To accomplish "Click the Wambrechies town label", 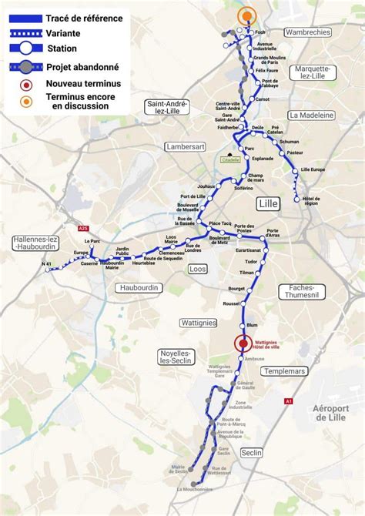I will (x=307, y=32).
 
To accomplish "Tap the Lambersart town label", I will (x=186, y=146).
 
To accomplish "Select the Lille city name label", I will (x=270, y=203).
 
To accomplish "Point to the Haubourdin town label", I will (x=139, y=287).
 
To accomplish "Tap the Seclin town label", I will (x=251, y=453).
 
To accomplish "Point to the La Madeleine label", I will (x=311, y=115).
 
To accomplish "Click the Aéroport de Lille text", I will (x=331, y=412).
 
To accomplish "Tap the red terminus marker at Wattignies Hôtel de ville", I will (x=243, y=344).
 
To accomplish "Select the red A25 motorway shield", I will (x=83, y=228).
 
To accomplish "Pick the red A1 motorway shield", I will (x=289, y=401).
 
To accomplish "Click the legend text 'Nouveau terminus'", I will (x=83, y=83).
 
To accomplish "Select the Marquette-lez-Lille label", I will (x=311, y=72).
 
